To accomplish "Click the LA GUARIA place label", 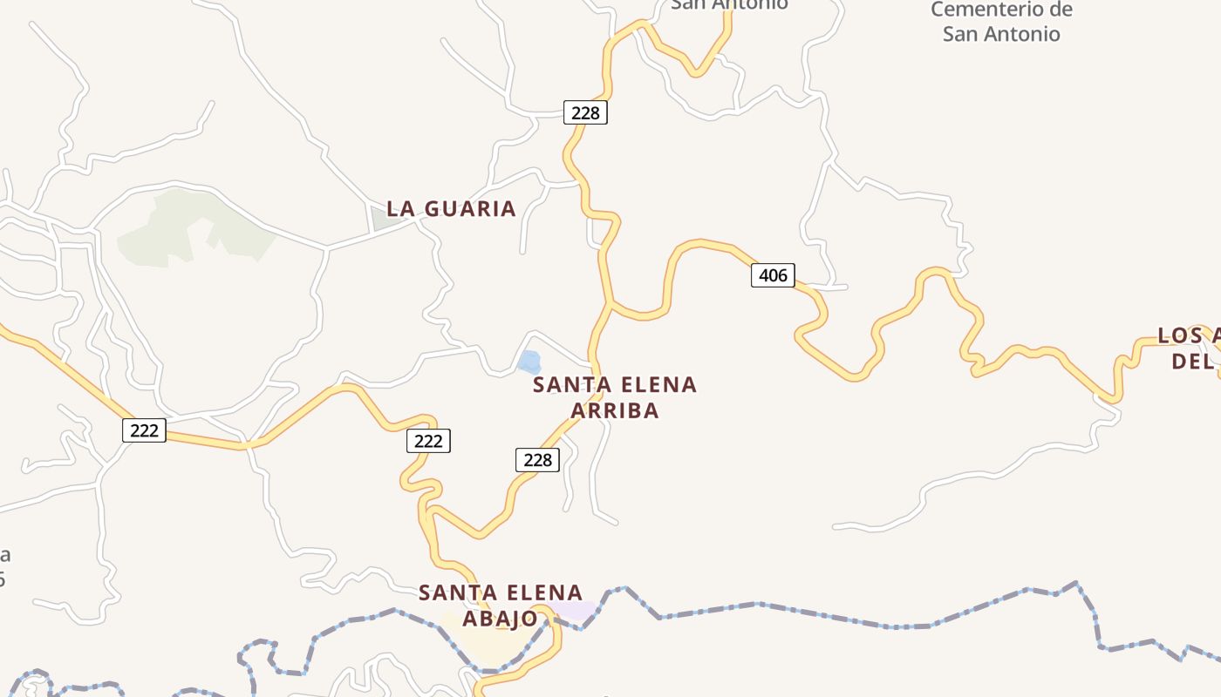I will click(x=451, y=209).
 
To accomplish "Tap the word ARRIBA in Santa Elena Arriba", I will click(x=614, y=410).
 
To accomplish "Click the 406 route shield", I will click(x=773, y=276).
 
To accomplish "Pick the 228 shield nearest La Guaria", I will click(x=585, y=112).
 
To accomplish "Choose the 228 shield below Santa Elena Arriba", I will click(x=537, y=460).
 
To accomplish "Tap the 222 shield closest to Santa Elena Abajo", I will click(x=428, y=442).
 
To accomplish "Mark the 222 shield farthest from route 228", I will click(x=144, y=430).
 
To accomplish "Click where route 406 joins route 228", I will click(x=611, y=303).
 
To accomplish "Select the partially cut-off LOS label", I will click(x=1178, y=335).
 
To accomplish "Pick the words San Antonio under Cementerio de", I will click(x=1001, y=35).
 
